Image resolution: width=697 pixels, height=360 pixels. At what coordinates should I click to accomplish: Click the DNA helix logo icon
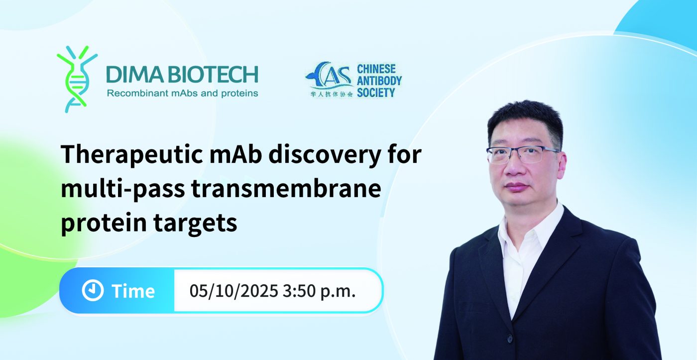pos(77,79)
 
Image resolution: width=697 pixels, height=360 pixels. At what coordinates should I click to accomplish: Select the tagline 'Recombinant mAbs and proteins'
pos(182,93)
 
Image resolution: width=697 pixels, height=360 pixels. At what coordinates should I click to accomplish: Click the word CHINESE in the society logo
pos(376,69)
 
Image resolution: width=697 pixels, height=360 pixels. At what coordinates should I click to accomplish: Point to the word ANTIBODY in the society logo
pos(379,81)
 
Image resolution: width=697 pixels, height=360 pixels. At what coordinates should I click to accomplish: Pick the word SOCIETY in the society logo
pos(376,93)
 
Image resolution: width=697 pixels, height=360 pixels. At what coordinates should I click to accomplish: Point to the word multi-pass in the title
pos(123,189)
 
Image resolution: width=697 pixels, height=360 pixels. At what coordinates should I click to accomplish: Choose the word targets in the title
pos(195,223)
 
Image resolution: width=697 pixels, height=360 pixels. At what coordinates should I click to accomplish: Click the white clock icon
pos(93,290)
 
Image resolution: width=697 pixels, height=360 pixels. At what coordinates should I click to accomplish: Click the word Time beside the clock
pos(133,291)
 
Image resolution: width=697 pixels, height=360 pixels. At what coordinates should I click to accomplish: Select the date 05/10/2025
pos(233,291)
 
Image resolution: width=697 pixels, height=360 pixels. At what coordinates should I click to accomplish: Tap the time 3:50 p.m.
pos(319,291)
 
